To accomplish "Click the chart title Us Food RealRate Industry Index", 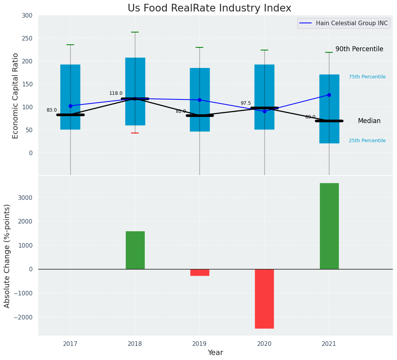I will click(209, 8).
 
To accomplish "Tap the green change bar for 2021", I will click(329, 226).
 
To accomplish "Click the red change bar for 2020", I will click(264, 298).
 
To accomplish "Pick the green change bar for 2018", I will click(135, 250).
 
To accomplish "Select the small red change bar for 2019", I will click(199, 272).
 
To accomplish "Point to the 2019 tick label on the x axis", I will click(199, 344).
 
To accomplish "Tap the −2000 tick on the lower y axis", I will click(24, 317).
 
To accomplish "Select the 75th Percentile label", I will click(367, 77).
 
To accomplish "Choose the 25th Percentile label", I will click(367, 141).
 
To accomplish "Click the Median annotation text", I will click(369, 121).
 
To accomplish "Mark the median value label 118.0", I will click(116, 93).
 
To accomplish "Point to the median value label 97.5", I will click(246, 103).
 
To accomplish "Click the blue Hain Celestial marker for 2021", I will click(329, 95).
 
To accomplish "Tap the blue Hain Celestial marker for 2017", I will click(70, 106).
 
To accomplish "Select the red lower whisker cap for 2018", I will click(135, 133).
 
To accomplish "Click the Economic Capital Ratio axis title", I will click(16, 96).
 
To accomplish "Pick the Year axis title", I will click(215, 353).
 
